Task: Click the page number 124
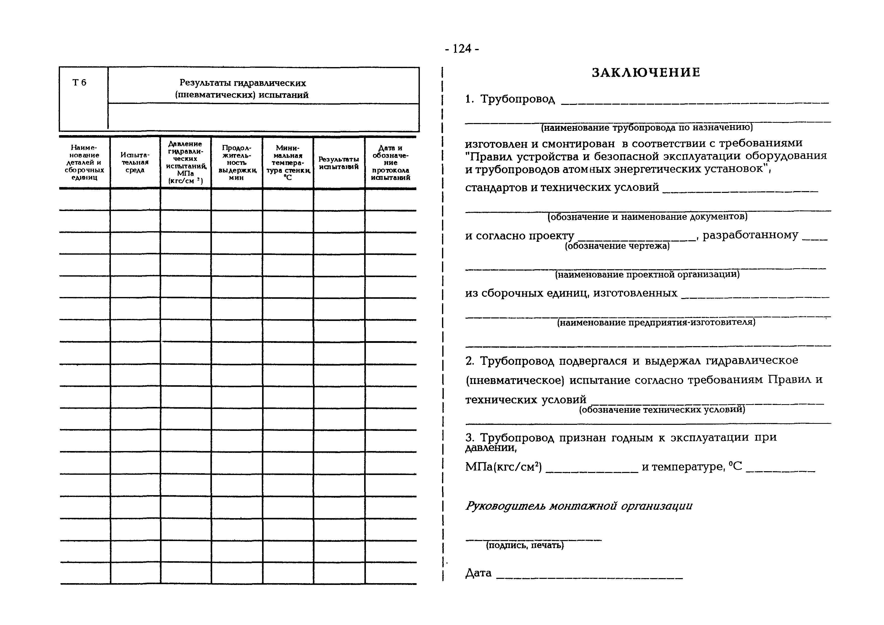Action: (x=462, y=49)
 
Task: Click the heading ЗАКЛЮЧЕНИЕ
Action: (x=646, y=72)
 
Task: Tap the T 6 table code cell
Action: (x=79, y=82)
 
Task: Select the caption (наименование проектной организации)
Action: (x=647, y=275)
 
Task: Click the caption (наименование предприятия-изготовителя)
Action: (x=656, y=322)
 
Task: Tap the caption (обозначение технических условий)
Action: (x=662, y=410)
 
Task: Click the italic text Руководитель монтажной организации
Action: (x=579, y=506)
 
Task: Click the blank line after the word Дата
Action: (x=589, y=578)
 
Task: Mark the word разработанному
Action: (x=750, y=235)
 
